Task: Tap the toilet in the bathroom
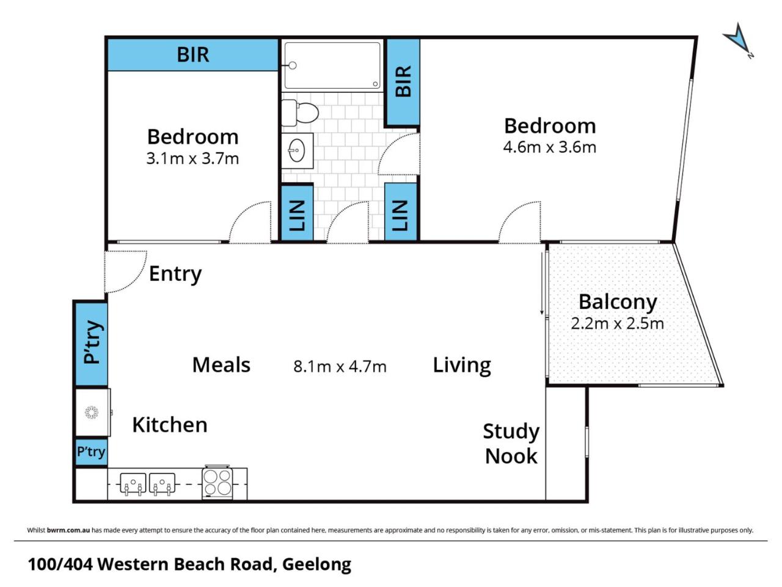pyautogui.click(x=299, y=113)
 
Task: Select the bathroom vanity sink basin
pyautogui.click(x=297, y=150)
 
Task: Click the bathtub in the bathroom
pyautogui.click(x=332, y=65)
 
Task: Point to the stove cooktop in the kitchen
pyautogui.click(x=217, y=482)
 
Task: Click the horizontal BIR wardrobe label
pyautogui.click(x=192, y=55)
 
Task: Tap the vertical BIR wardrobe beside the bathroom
pyautogui.click(x=403, y=81)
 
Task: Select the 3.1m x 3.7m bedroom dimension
pyautogui.click(x=192, y=158)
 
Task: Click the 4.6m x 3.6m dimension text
pyautogui.click(x=549, y=147)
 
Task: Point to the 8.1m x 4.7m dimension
pyautogui.click(x=340, y=366)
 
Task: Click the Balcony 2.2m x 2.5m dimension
pyautogui.click(x=618, y=323)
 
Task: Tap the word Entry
pyautogui.click(x=175, y=274)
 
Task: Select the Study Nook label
pyautogui.click(x=511, y=444)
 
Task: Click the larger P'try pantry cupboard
pyautogui.click(x=92, y=344)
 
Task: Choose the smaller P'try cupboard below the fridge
pyautogui.click(x=91, y=452)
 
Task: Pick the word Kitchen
pyautogui.click(x=170, y=425)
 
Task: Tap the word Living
pyautogui.click(x=462, y=366)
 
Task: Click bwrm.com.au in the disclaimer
pyautogui.click(x=68, y=530)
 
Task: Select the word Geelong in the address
pyautogui.click(x=316, y=565)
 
